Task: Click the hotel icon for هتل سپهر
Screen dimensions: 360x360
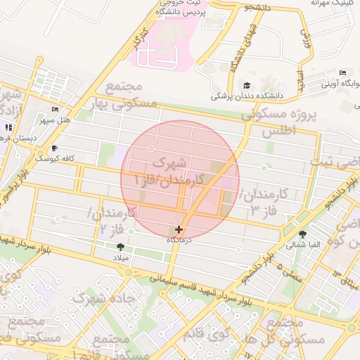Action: (56, 110)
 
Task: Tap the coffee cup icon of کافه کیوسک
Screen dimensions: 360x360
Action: (56, 148)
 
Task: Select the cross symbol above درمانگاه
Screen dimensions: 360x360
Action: (179, 229)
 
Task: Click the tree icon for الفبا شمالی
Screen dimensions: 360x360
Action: (303, 235)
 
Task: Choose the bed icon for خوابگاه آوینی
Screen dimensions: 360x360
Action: (342, 73)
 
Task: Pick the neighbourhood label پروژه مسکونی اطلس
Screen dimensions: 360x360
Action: (280, 122)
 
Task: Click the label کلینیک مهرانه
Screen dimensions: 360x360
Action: (333, 4)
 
